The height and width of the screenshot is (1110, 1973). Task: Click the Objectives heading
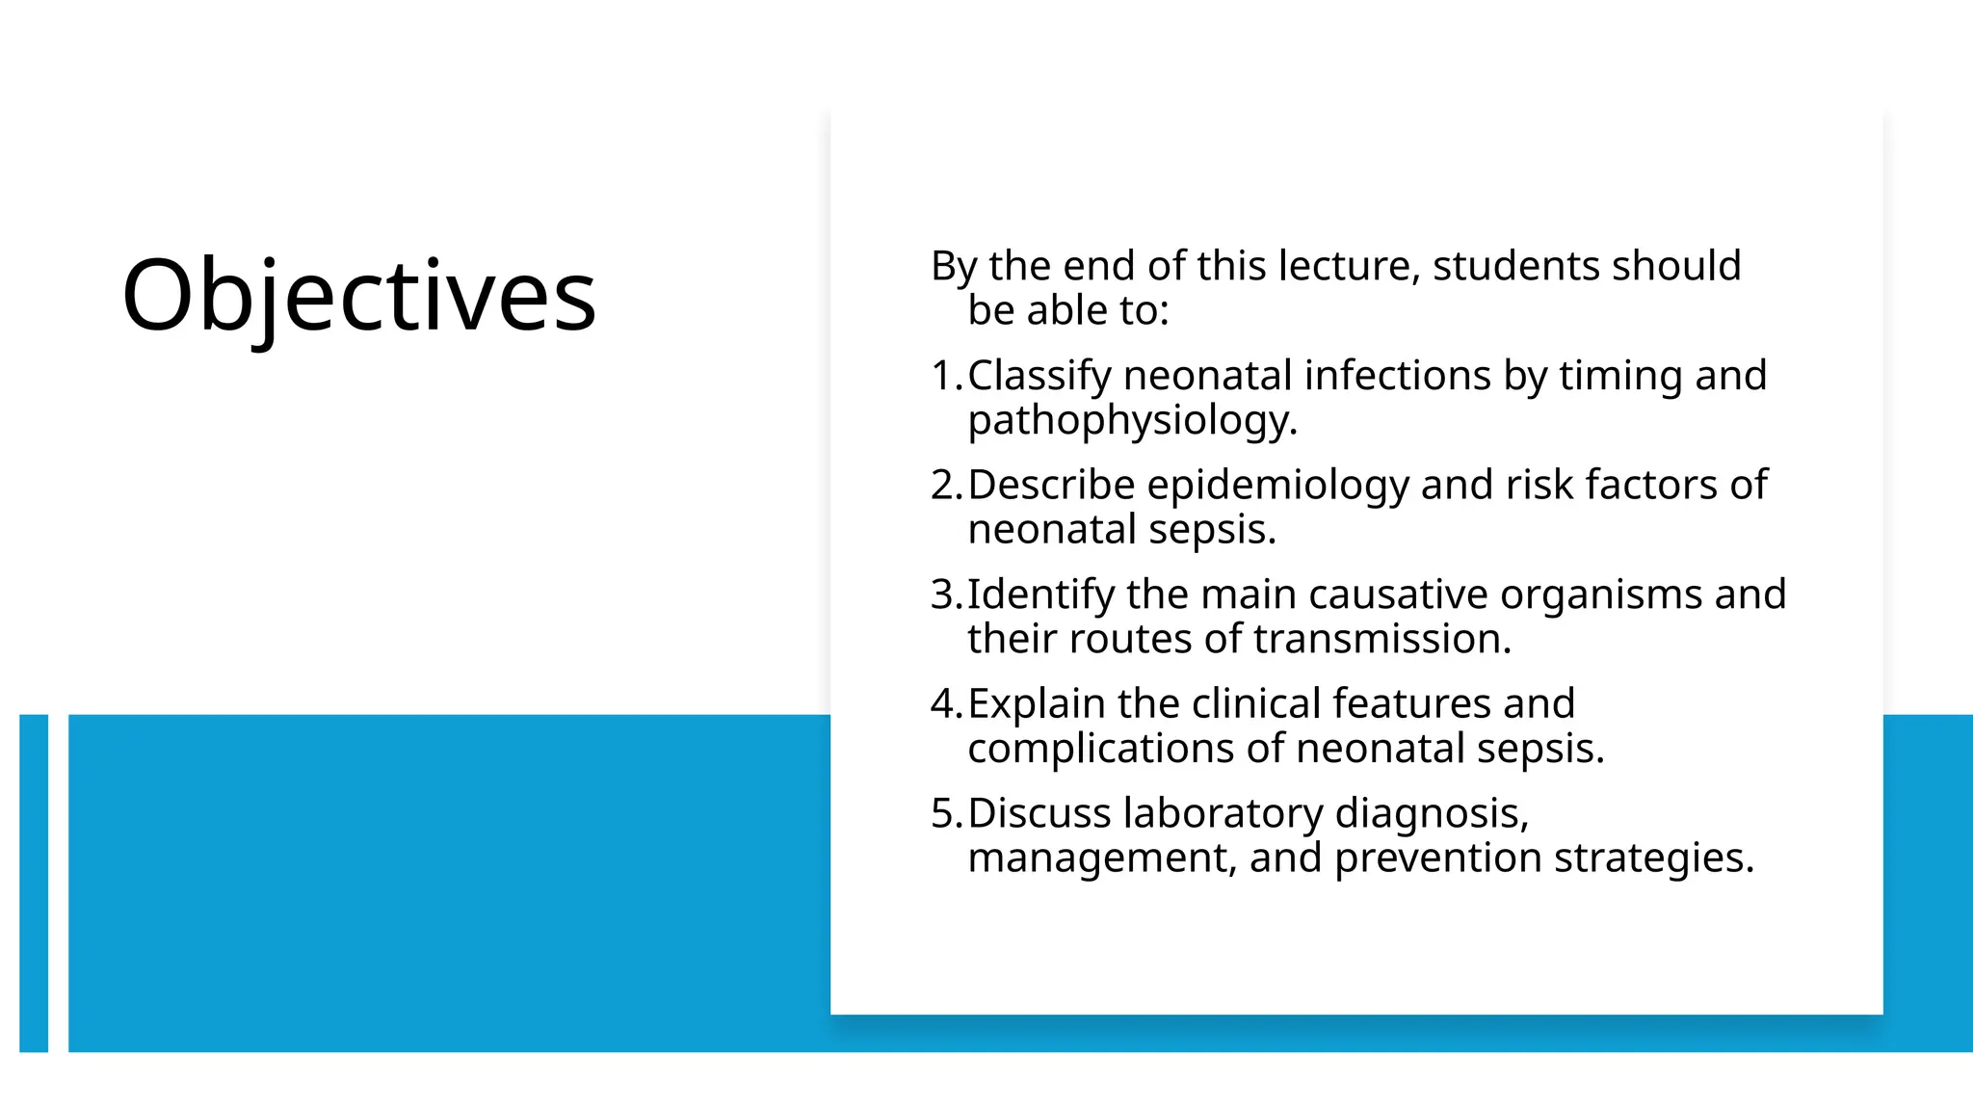(x=358, y=295)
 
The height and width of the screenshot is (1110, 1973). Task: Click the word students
(x=1515, y=266)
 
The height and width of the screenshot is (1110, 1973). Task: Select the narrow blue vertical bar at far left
(x=34, y=883)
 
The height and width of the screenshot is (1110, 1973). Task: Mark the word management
(x=1100, y=858)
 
